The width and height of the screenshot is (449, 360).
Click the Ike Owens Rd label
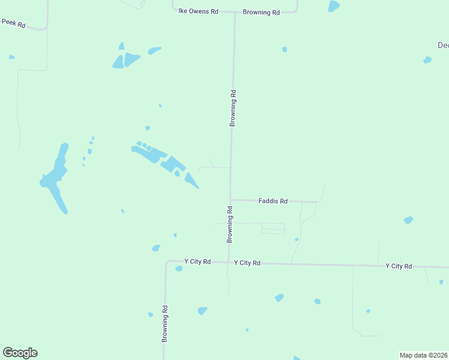tap(198, 11)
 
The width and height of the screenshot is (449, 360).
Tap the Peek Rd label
tap(13, 23)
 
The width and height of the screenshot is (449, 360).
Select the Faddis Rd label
tap(273, 201)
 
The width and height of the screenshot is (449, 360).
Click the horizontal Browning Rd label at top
tap(261, 12)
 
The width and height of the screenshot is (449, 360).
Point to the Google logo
tap(20, 353)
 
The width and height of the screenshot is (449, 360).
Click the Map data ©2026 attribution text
tap(424, 355)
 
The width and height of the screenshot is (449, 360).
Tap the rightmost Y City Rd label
tap(399, 266)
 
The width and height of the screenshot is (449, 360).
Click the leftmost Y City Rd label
tap(197, 262)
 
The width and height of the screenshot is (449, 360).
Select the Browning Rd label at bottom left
tap(164, 323)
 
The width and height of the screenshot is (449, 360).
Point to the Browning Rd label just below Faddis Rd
tap(229, 224)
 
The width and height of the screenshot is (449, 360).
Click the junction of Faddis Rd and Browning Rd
tap(231, 200)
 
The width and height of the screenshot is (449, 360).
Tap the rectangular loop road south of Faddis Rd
tap(273, 228)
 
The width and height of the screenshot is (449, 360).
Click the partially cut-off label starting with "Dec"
tap(442, 45)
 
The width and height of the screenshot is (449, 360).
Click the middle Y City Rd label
tap(247, 263)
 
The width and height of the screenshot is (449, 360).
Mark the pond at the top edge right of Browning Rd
tap(334, 6)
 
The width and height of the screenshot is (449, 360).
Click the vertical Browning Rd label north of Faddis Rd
tap(233, 108)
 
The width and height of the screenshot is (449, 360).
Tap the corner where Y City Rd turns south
tap(167, 262)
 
